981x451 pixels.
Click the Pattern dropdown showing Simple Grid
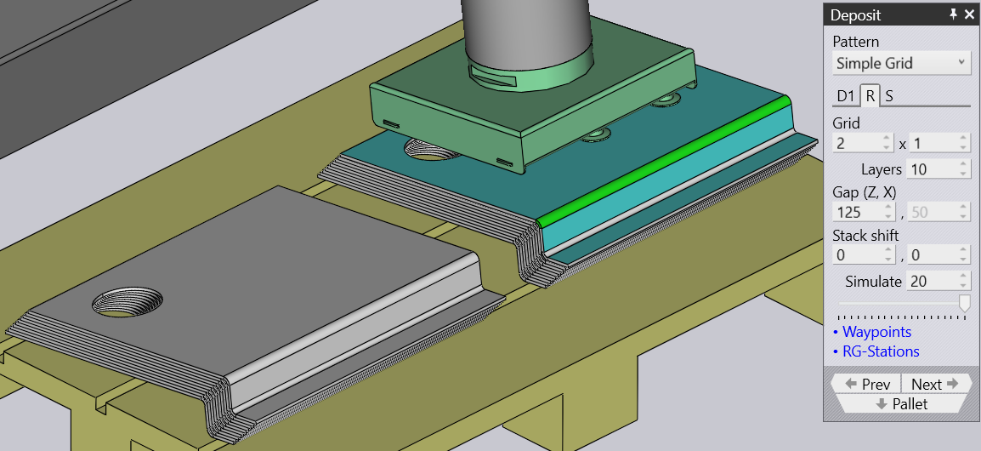tap(902, 63)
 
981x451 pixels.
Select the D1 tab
tap(846, 96)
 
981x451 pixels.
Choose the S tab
tap(889, 96)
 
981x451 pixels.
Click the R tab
tap(870, 96)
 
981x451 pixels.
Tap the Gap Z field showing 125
tap(864, 212)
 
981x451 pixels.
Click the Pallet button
tap(902, 404)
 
